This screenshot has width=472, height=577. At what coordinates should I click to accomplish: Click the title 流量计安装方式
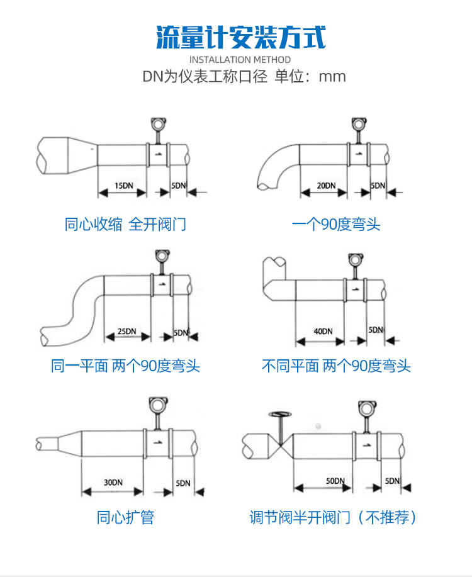click(x=240, y=38)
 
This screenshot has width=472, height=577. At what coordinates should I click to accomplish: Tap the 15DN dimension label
click(x=123, y=186)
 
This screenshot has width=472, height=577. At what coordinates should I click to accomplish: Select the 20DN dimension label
click(x=325, y=186)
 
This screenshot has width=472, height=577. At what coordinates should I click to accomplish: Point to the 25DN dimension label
click(x=126, y=332)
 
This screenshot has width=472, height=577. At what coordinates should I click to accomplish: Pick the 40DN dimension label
click(x=323, y=331)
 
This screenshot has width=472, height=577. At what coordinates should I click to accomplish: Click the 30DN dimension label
click(x=113, y=483)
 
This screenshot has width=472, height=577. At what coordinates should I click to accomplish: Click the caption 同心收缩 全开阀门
click(x=125, y=224)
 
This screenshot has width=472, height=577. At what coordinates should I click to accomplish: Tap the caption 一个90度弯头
click(x=336, y=224)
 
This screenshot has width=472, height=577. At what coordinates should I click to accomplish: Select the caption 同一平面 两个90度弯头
click(x=125, y=366)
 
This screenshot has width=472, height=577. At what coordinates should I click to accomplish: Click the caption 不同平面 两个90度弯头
click(x=336, y=366)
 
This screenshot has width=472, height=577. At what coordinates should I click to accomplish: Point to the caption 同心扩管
click(x=125, y=518)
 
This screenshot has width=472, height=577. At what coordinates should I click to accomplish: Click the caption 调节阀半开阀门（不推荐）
click(x=334, y=518)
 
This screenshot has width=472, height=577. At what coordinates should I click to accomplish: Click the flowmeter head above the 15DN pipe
click(x=157, y=123)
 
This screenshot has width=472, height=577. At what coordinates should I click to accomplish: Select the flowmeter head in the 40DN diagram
click(x=354, y=260)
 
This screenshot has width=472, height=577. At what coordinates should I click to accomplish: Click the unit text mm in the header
click(x=332, y=77)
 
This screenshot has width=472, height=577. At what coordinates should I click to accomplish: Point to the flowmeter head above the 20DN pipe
click(x=359, y=123)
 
